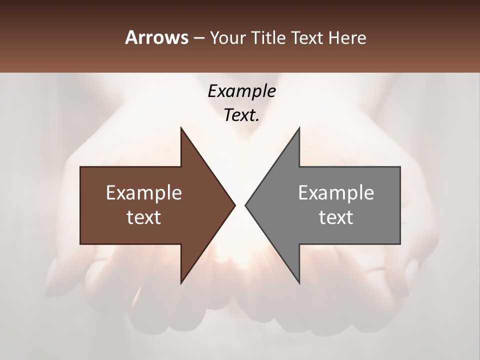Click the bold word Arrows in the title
tap(156, 37)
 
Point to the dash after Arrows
tap(198, 38)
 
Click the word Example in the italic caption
tap(241, 91)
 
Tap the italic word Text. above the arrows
tap(241, 115)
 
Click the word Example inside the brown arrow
tap(144, 193)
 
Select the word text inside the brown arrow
tap(144, 217)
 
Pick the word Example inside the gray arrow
tap(336, 193)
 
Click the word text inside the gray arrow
tap(336, 217)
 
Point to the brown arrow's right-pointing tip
tap(234, 205)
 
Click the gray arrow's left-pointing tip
tap(245, 205)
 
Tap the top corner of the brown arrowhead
tap(181, 128)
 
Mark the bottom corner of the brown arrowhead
tap(181, 283)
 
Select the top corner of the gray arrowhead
tap(299, 128)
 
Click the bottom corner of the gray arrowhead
tap(299, 283)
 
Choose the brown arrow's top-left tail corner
tap(81, 167)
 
